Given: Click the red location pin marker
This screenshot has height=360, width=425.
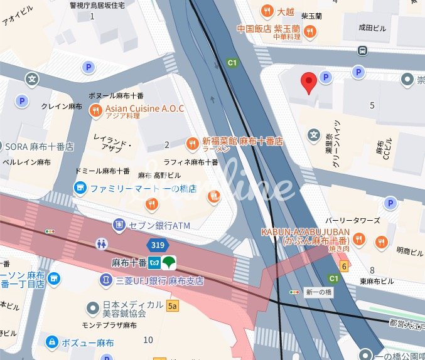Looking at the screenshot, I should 308,82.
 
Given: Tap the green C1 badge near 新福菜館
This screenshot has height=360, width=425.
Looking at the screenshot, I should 232,63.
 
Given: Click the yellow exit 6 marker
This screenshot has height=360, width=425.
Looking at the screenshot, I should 343,266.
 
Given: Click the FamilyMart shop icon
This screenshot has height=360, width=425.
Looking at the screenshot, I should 80,188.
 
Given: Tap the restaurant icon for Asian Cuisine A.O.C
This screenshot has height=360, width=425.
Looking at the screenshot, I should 95,111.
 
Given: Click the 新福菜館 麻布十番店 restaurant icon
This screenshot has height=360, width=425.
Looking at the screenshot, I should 194,142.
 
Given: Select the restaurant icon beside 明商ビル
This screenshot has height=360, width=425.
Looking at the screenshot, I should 381,241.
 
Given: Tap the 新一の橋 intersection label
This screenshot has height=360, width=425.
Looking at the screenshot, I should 318,293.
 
